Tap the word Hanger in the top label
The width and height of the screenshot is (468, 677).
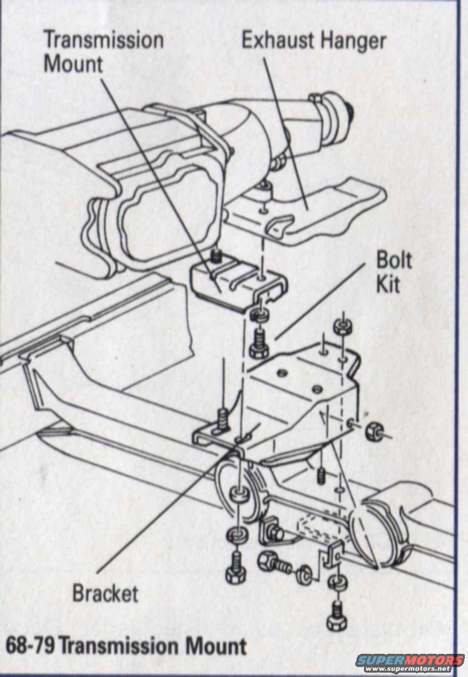click(x=353, y=41)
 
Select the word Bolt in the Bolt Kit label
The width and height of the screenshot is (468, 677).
click(x=394, y=259)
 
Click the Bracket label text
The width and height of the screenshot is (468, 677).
click(x=105, y=593)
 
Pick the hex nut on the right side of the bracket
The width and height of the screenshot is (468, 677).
click(x=373, y=431)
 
